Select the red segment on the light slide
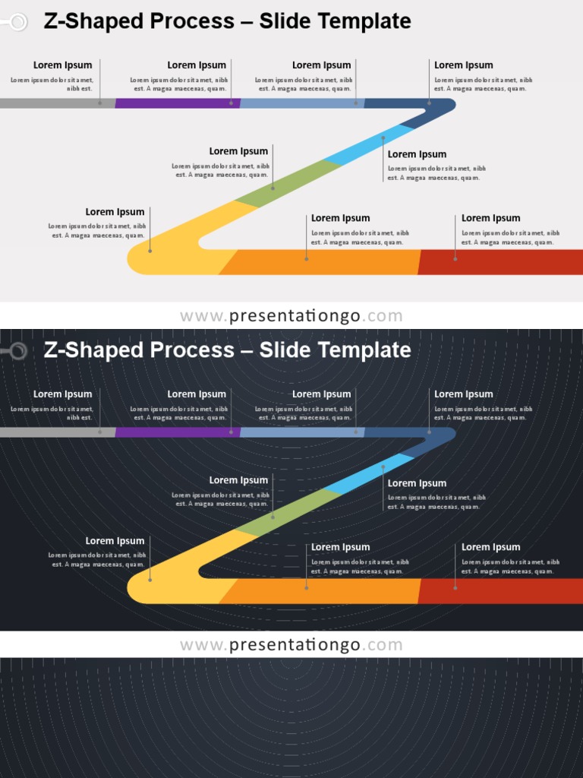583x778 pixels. [x=501, y=262]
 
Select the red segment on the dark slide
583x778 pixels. [x=501, y=591]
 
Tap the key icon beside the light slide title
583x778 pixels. [x=15, y=22]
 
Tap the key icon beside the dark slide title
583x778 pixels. [x=15, y=351]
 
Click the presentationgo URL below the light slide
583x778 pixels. [x=291, y=316]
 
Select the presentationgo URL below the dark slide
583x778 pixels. [x=291, y=645]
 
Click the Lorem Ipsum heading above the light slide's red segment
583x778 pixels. [x=490, y=218]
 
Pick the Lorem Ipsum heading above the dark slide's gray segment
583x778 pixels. [x=62, y=394]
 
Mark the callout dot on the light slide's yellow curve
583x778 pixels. [x=150, y=250]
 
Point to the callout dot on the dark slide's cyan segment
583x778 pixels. [x=383, y=467]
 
